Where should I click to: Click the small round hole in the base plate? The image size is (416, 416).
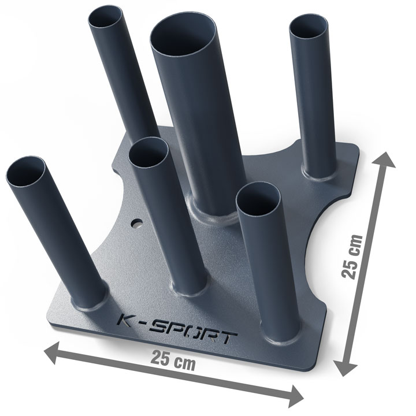tap(137, 224)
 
